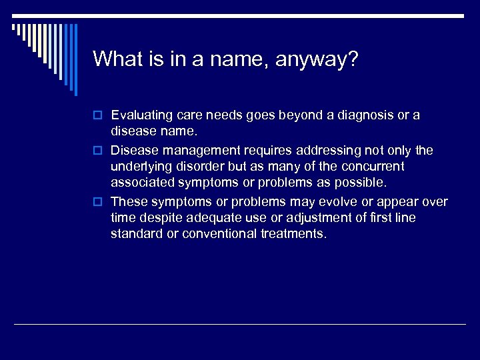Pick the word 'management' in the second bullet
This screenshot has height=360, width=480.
click(x=201, y=150)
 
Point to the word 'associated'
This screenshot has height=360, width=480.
click(x=142, y=182)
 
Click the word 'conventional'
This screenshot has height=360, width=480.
click(x=217, y=233)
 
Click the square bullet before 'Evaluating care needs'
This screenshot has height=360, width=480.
click(x=97, y=116)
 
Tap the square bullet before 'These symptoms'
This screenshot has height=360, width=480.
click(x=97, y=202)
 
